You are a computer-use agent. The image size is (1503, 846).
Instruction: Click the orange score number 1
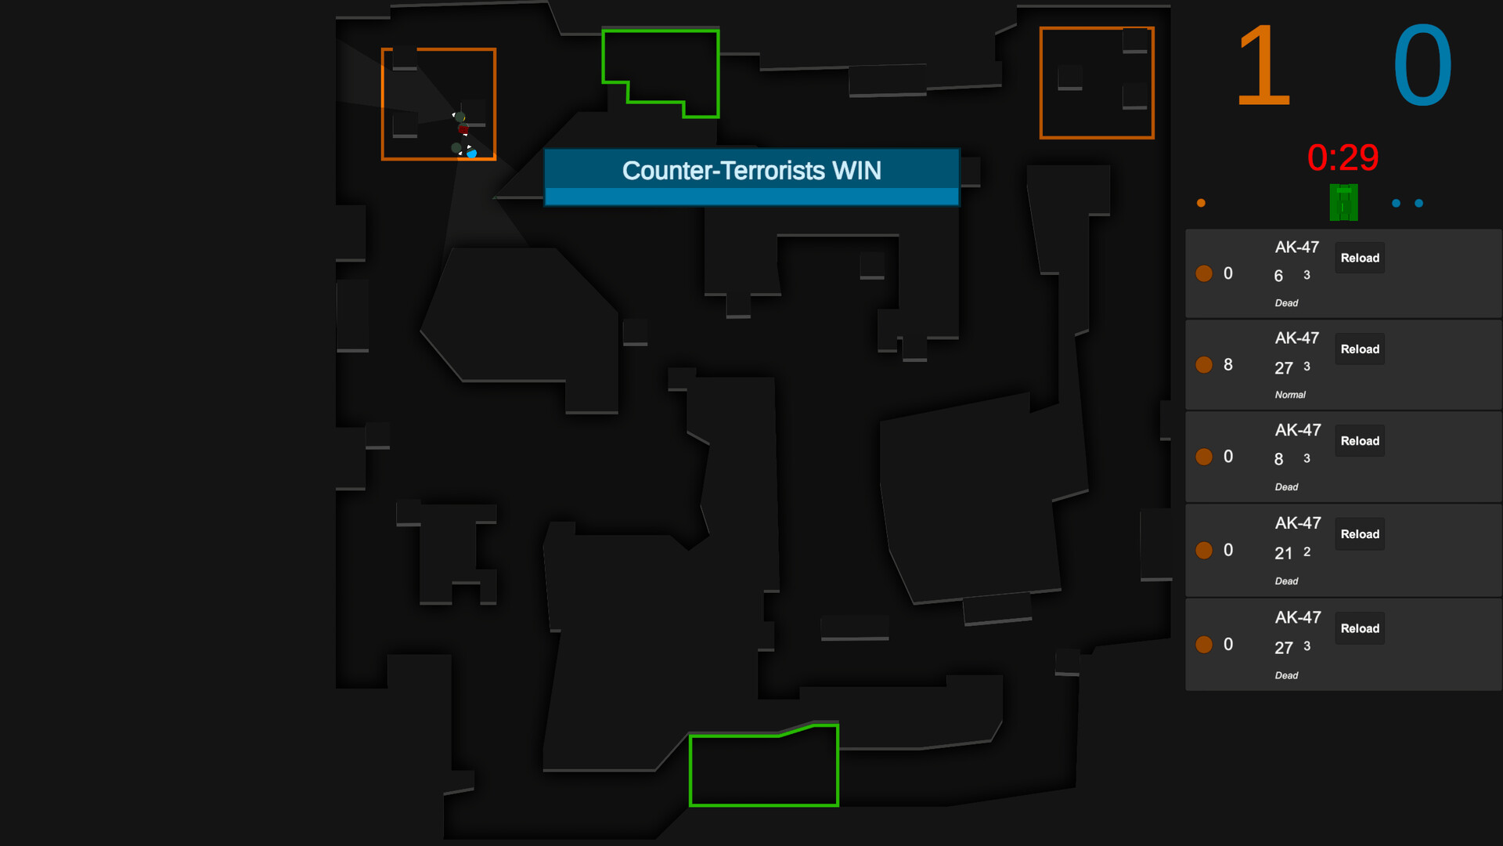pos(1263,66)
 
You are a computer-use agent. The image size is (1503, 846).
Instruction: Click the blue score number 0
pos(1422,66)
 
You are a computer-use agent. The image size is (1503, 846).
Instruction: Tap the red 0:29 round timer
pos(1343,157)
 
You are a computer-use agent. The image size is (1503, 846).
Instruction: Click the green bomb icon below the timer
pos(1343,203)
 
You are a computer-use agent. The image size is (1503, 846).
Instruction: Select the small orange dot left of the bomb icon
pos(1201,204)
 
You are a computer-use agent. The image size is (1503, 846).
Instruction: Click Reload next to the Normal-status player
pos(1360,349)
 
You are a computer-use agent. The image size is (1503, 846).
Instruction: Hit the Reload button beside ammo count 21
pos(1360,534)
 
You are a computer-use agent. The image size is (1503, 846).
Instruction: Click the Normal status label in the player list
pos(1290,395)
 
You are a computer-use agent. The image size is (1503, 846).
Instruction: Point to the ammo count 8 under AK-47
pos(1278,460)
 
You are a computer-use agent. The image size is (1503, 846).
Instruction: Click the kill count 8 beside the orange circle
pos(1228,365)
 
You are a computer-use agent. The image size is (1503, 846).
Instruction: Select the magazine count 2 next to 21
pos(1307,551)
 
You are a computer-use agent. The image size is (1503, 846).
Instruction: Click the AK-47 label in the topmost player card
pos(1297,248)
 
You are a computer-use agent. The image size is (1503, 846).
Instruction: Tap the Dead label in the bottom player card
pos(1286,675)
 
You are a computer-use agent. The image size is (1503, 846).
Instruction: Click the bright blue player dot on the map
pos(472,154)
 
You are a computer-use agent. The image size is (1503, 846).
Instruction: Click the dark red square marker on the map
pos(463,129)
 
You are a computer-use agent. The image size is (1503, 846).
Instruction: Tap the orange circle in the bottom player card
pos(1204,645)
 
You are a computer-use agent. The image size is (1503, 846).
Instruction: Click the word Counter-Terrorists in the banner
pos(723,171)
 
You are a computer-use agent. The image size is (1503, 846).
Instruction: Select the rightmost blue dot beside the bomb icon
pos(1418,204)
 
